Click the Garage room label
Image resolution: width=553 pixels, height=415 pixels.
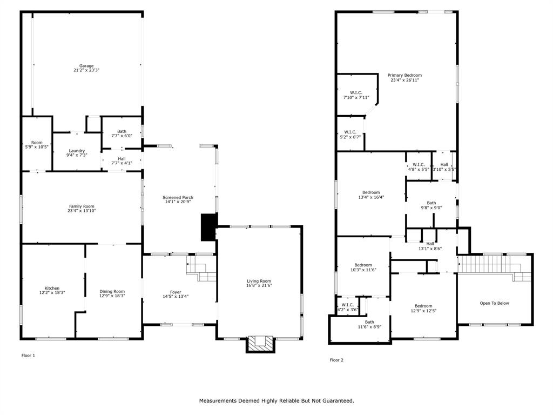point(86,66)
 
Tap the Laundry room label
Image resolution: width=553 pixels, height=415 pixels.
point(77,151)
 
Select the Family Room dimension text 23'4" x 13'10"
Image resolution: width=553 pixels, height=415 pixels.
point(82,211)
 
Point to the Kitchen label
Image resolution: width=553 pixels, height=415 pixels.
point(52,288)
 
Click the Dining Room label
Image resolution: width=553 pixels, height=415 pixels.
point(112,292)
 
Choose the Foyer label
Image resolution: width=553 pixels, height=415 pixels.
point(176,292)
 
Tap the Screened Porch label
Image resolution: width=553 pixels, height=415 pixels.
point(178,198)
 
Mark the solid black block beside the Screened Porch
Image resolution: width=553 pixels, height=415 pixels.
point(208,227)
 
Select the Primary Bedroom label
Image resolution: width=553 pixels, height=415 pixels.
point(404,76)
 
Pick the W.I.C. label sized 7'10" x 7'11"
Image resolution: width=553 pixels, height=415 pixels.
point(356,92)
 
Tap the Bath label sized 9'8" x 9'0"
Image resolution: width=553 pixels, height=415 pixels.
point(431,203)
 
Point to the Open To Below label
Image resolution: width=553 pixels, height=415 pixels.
point(494,303)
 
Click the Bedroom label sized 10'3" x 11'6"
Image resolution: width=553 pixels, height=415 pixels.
point(363,265)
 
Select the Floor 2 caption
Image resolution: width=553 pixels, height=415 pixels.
point(336,360)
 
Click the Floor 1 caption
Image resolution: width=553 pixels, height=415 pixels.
point(28,356)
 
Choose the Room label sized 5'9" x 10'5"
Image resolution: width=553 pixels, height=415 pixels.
point(37,143)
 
